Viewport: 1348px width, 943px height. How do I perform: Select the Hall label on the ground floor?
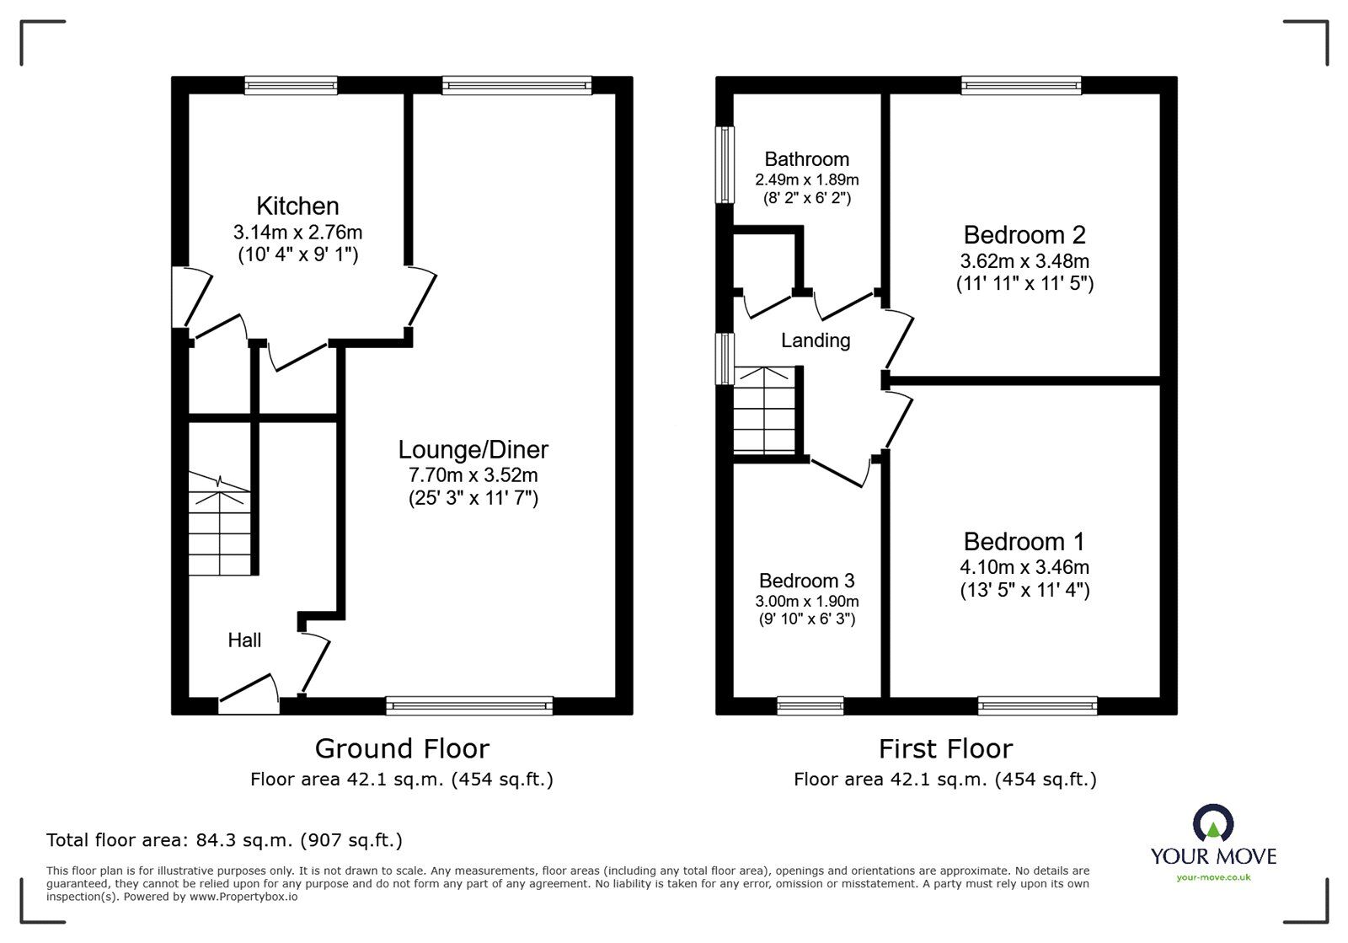tap(244, 640)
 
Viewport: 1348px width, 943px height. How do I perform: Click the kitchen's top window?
tap(292, 84)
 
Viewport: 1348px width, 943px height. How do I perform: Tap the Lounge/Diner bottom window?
tap(469, 705)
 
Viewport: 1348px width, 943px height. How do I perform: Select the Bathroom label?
tap(806, 159)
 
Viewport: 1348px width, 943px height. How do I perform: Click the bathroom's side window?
tap(724, 165)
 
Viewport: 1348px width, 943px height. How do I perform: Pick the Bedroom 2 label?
tap(1024, 234)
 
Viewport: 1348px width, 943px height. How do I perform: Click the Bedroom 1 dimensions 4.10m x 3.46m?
tap(1024, 567)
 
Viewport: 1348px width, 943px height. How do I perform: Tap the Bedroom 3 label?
tap(806, 581)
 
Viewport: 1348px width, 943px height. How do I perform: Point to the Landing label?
tap(815, 340)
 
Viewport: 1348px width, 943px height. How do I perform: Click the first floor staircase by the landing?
tap(764, 411)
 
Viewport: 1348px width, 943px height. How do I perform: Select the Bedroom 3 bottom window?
tap(810, 705)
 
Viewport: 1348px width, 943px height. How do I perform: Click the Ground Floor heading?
tap(401, 748)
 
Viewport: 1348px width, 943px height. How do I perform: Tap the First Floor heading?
tap(944, 748)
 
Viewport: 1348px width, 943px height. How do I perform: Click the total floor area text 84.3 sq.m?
tap(224, 840)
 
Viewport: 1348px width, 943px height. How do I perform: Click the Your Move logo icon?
tap(1213, 824)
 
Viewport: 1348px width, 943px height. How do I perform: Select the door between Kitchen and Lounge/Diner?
tap(421, 299)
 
